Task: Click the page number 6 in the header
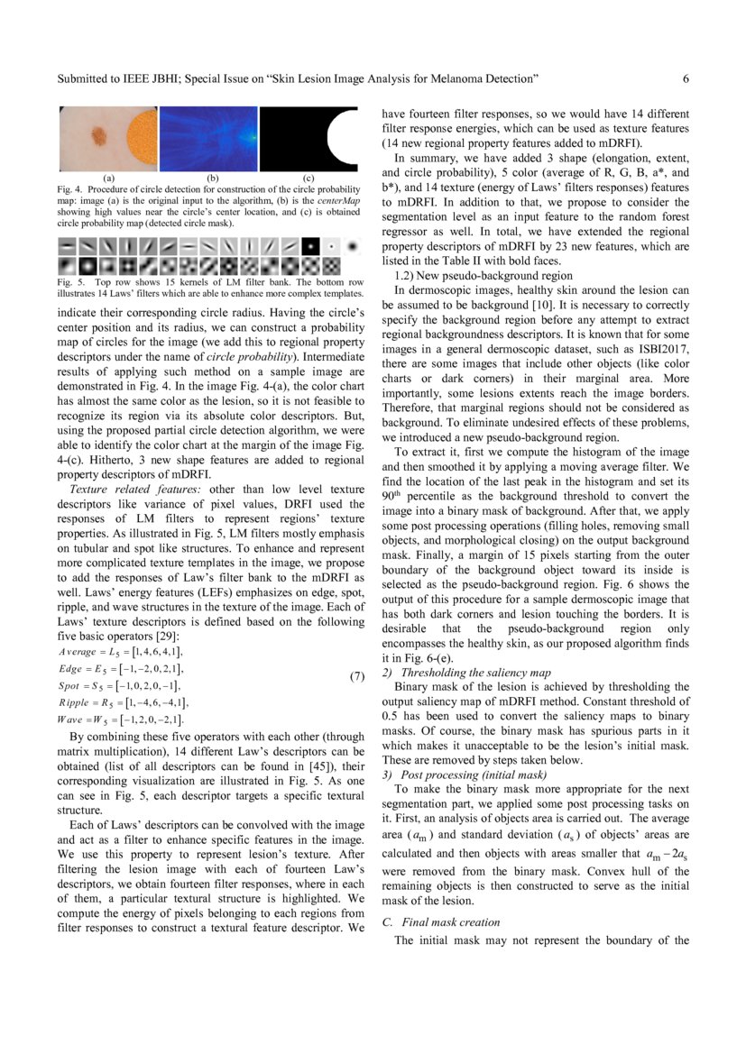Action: coord(686,79)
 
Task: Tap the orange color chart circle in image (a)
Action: coord(140,140)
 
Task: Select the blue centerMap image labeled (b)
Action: coord(209,141)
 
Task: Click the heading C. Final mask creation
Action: coord(441,921)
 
